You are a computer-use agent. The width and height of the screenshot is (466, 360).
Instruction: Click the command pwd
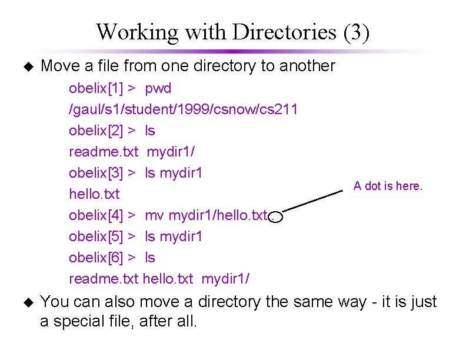point(158,88)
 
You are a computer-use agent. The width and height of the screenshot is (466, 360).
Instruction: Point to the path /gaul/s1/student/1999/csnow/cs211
point(183,109)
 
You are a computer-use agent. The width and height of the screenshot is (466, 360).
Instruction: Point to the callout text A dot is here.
point(388,186)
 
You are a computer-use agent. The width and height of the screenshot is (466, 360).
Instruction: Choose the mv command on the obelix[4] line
point(155,215)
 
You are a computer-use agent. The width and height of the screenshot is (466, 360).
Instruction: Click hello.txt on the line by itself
point(94,194)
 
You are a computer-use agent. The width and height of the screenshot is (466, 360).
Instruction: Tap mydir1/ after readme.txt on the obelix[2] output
point(171,152)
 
